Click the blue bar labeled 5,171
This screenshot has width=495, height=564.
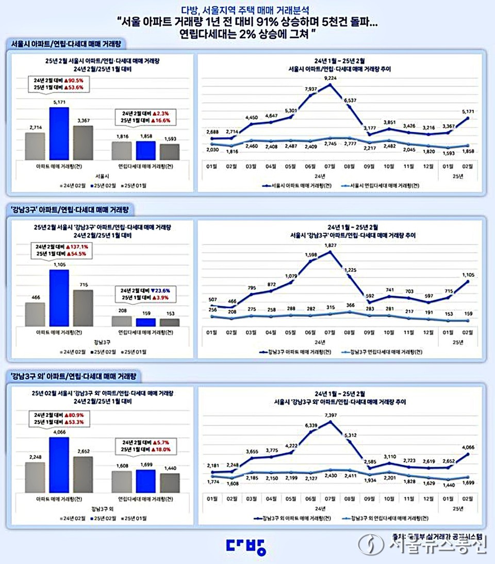click(x=59, y=134)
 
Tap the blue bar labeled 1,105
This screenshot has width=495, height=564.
click(x=59, y=298)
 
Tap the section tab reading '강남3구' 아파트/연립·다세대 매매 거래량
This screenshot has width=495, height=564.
click(x=71, y=209)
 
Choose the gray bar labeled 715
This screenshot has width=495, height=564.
click(x=83, y=308)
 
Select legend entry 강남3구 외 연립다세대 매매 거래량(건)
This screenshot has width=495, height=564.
click(x=382, y=517)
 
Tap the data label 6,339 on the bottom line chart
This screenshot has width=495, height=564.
click(x=311, y=425)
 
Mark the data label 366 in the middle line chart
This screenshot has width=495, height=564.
click(x=351, y=305)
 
